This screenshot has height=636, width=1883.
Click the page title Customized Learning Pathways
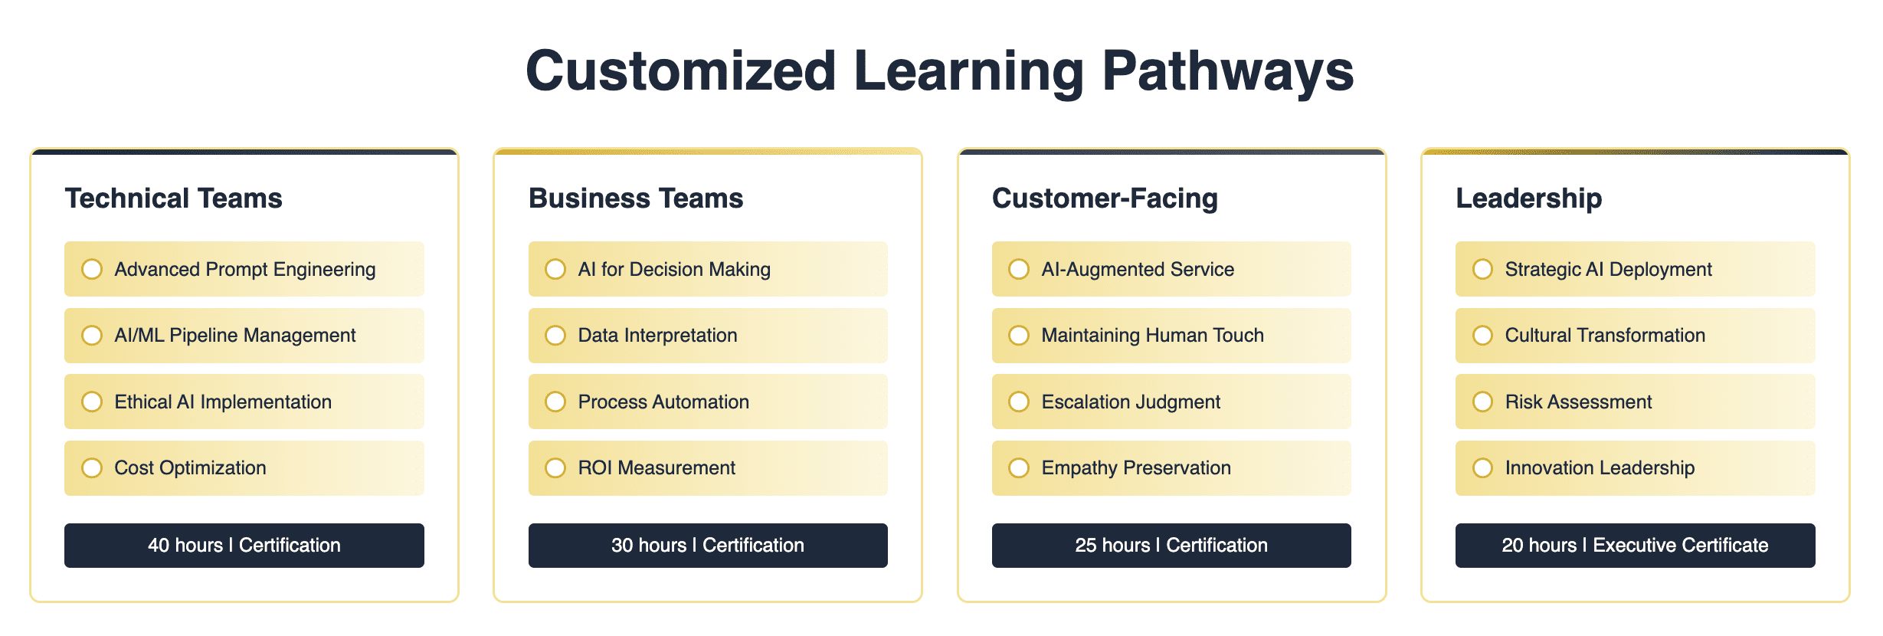coord(940,71)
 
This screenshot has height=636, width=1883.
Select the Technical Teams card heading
coord(174,198)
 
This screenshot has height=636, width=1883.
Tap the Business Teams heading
coord(636,198)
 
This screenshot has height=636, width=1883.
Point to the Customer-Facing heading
coord(1105,198)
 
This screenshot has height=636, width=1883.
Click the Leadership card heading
coord(1528,198)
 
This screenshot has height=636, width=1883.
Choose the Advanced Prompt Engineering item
coord(244,269)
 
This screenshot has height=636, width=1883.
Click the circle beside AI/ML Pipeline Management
coord(92,336)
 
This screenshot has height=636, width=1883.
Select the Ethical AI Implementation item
coord(244,402)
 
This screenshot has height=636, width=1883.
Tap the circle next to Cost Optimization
coord(92,468)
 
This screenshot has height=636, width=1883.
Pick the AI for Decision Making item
coord(708,269)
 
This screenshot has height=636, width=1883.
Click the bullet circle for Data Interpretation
coord(555,336)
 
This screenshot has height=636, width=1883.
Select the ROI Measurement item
coord(708,468)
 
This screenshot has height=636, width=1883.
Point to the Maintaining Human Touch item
coord(1171,336)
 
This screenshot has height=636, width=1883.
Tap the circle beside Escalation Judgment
coord(1019,402)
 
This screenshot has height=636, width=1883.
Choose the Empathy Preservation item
coord(1171,468)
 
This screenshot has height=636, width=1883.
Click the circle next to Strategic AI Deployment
coord(1482,269)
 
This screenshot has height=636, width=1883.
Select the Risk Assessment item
coord(1636,402)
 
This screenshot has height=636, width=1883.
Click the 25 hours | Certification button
coord(1171,546)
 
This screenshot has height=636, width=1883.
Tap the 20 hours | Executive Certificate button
coord(1636,546)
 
